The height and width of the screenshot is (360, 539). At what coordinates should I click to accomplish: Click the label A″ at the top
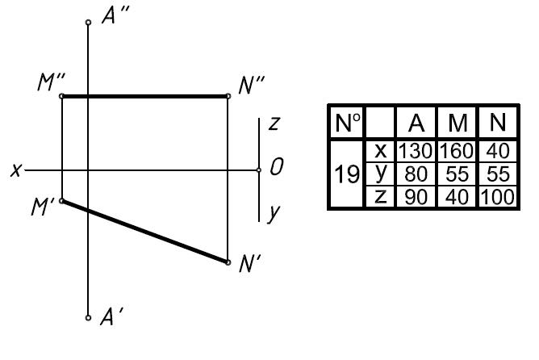[112, 19]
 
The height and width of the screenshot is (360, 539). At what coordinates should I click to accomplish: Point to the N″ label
[253, 84]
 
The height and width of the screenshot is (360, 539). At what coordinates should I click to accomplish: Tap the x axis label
[15, 170]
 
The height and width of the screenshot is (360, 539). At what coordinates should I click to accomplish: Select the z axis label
[274, 124]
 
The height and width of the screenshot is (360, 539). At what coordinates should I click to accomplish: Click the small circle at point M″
[62, 96]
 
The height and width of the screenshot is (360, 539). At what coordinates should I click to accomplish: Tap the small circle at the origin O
[259, 170]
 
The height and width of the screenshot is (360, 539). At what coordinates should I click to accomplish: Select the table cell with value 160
[458, 149]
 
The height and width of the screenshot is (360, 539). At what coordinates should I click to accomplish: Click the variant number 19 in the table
[349, 174]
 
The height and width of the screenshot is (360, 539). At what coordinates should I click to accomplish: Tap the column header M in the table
[458, 123]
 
